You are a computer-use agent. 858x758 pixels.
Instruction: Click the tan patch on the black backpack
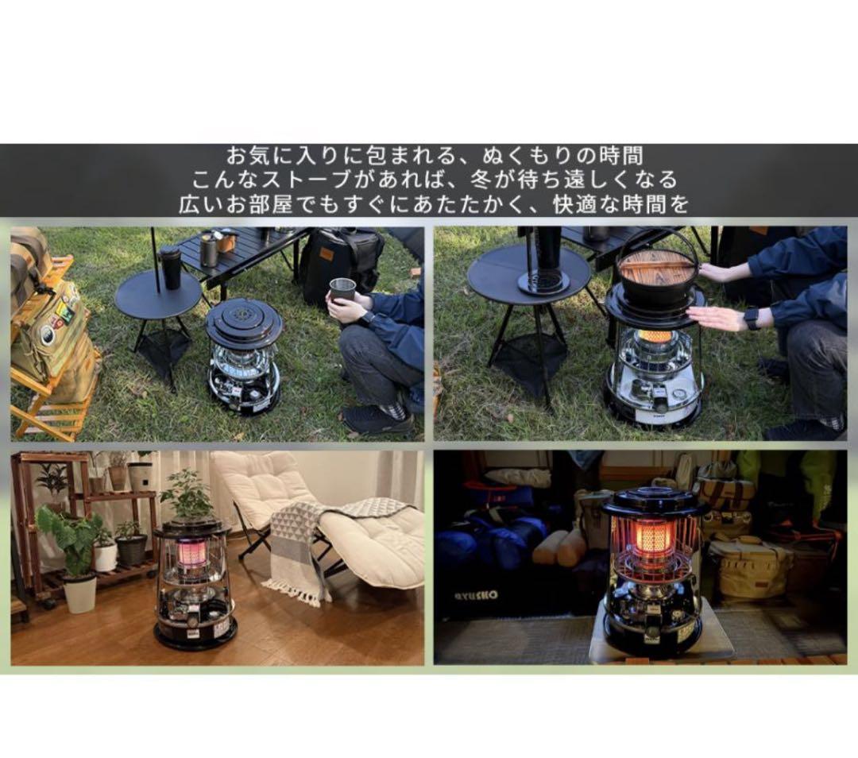pos(327,255)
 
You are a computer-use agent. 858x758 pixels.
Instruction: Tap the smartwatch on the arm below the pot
pos(753,319)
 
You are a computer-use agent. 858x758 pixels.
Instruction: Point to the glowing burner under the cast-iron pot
pos(654,342)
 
